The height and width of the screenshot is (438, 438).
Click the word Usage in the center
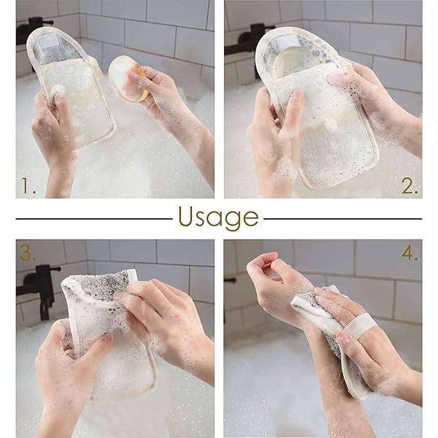[218, 218]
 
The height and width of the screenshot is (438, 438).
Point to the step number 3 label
[28, 253]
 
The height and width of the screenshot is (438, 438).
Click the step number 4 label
[409, 253]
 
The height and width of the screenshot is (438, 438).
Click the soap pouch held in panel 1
[73, 84]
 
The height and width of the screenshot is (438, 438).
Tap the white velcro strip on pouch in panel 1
[52, 43]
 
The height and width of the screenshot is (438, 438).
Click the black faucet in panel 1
[33, 28]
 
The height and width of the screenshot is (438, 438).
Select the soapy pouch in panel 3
[106, 328]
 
